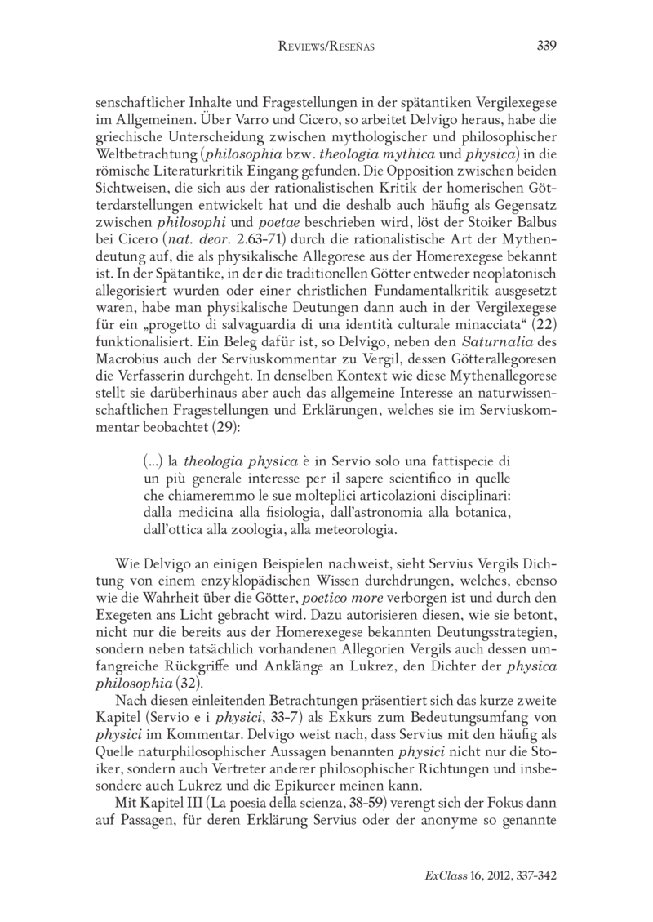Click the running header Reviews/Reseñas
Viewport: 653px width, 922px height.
coord(326,47)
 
